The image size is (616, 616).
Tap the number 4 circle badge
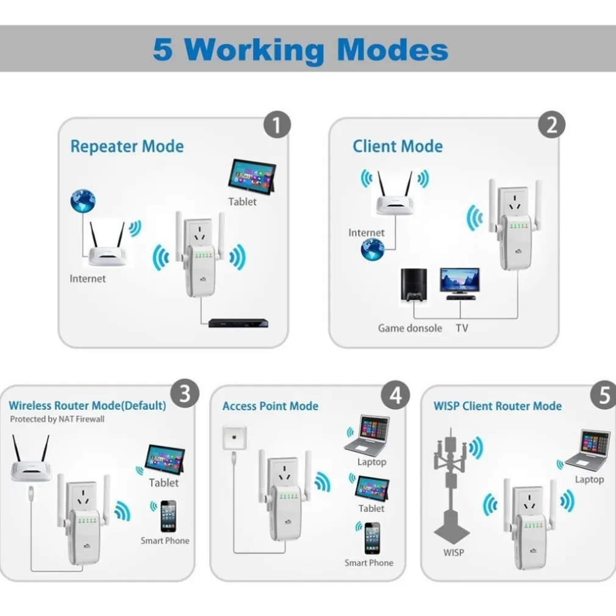[395, 396]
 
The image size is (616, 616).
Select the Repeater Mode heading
[127, 146]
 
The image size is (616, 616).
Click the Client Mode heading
[398, 146]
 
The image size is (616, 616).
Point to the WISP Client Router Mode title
[497, 406]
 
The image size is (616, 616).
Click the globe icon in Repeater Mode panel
[83, 201]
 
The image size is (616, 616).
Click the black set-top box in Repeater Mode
[238, 323]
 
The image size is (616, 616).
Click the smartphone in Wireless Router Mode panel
[168, 516]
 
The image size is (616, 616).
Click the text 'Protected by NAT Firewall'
[57, 419]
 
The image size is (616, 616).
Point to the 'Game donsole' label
[410, 328]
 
